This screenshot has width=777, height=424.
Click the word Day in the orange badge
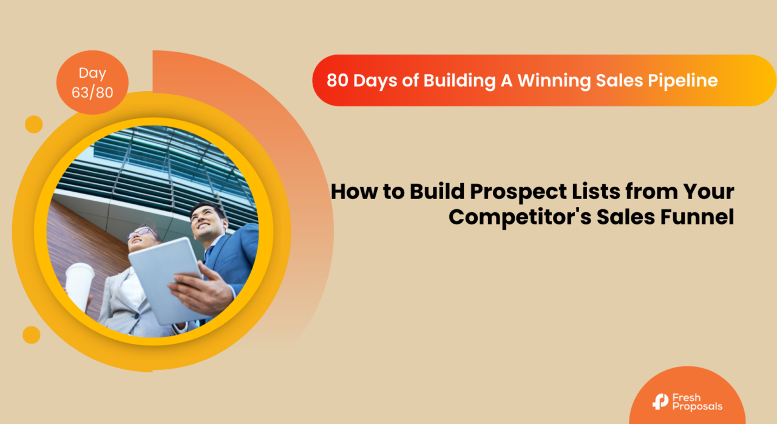click(x=92, y=73)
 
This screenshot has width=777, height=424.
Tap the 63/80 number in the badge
click(x=92, y=93)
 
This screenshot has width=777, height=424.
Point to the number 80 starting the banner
click(x=338, y=81)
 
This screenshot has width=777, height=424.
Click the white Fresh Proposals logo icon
click(x=660, y=401)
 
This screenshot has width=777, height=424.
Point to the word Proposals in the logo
click(x=697, y=406)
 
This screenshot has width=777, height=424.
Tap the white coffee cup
click(x=80, y=285)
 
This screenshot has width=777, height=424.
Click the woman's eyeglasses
click(x=140, y=232)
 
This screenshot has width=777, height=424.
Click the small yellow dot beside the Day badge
click(x=34, y=124)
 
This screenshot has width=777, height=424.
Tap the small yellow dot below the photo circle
click(x=32, y=334)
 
